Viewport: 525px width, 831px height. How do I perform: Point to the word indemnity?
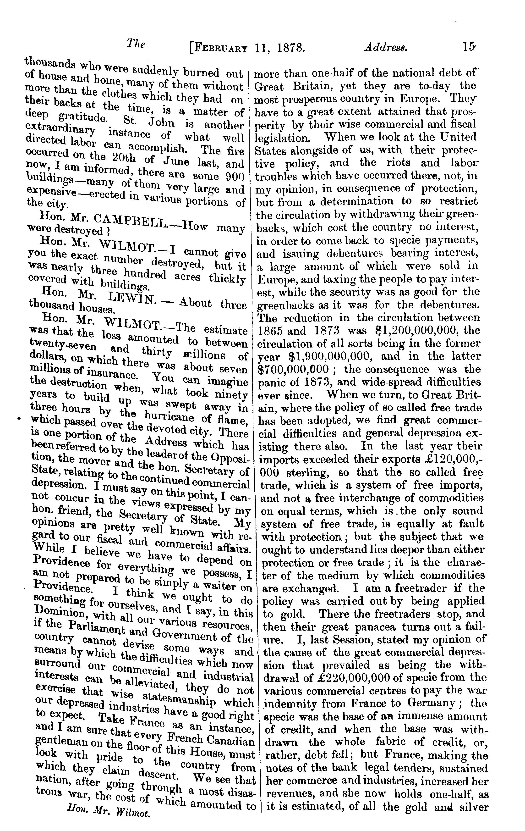[x=287, y=703]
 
